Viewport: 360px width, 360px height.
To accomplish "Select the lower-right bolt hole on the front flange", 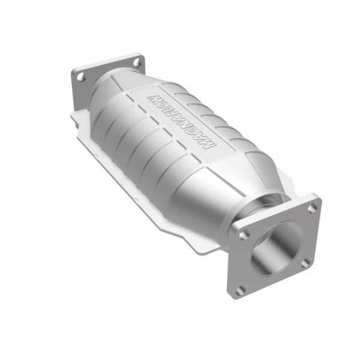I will [x=306, y=262].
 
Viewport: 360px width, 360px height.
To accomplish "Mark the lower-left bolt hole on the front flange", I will [x=241, y=289].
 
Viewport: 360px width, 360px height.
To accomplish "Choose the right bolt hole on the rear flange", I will [x=137, y=61].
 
